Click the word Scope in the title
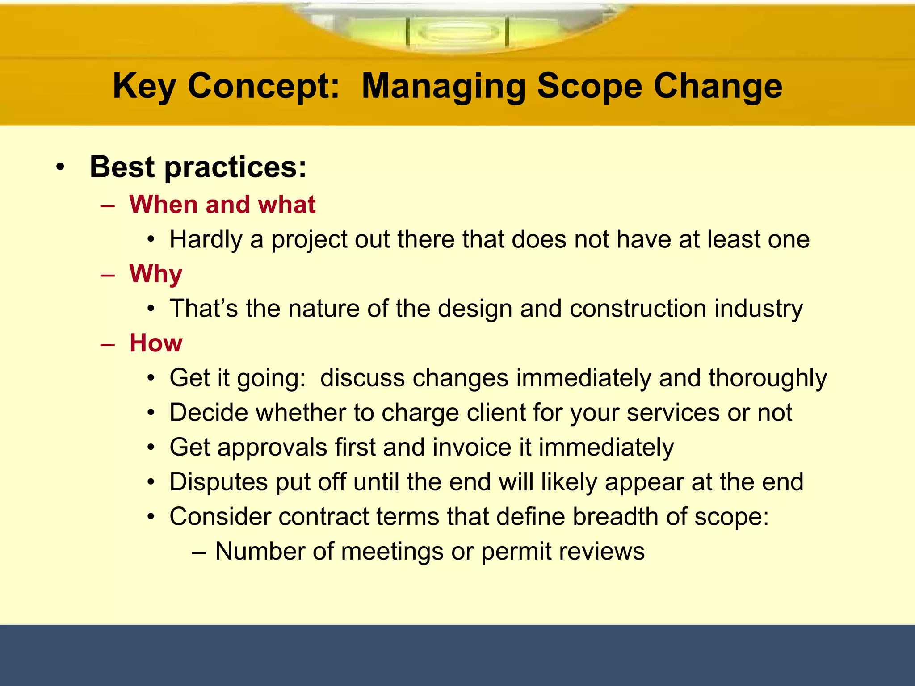589,86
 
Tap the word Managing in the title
443,86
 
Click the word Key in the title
144,86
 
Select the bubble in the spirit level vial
458,33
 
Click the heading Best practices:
198,167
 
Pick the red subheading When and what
222,205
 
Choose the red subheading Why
155,274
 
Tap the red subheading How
155,343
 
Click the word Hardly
206,240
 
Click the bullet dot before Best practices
60,168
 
